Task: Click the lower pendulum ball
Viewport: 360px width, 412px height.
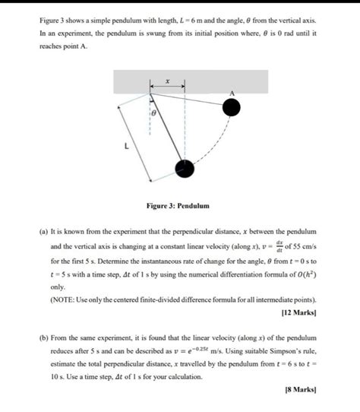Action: [x=183, y=169]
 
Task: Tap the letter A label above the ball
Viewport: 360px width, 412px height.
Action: [x=233, y=93]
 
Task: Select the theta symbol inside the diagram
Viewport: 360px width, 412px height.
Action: [x=153, y=112]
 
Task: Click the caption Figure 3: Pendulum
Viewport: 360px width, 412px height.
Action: [x=179, y=206]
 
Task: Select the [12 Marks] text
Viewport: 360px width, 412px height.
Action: [x=298, y=312]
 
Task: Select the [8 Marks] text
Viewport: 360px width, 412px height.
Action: [x=301, y=389]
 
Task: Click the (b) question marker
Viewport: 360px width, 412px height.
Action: [x=43, y=337]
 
